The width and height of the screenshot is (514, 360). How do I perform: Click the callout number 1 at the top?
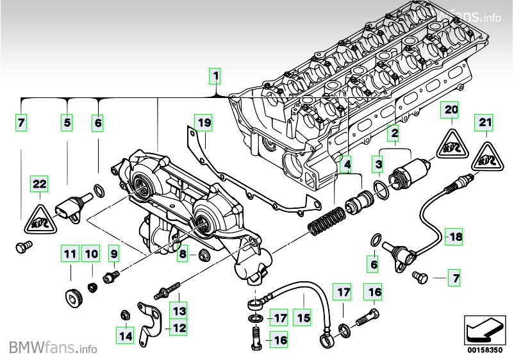(x=215, y=76)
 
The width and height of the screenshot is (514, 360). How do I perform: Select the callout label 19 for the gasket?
(x=204, y=123)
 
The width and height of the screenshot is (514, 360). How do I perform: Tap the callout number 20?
(x=451, y=110)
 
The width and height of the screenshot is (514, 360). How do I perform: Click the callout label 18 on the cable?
(x=454, y=236)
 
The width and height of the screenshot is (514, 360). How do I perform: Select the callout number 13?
(x=179, y=310)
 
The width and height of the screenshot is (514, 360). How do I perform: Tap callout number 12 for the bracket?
(x=179, y=327)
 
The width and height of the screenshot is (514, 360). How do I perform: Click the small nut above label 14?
(x=124, y=315)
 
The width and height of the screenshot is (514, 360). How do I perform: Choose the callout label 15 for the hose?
(x=303, y=318)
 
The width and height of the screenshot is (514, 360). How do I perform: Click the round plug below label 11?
(x=73, y=298)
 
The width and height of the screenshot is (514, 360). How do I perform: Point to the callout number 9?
(x=113, y=253)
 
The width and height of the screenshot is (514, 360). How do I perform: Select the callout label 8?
(x=182, y=253)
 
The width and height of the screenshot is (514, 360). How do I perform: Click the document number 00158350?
(x=485, y=350)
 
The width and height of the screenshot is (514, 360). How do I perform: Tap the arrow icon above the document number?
(x=485, y=330)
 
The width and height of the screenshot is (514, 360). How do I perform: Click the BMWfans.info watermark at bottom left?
(x=53, y=347)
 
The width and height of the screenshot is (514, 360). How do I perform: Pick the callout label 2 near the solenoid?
(x=394, y=133)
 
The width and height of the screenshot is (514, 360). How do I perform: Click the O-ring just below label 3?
(x=381, y=190)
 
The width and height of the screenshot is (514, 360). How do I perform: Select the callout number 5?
(x=67, y=122)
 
